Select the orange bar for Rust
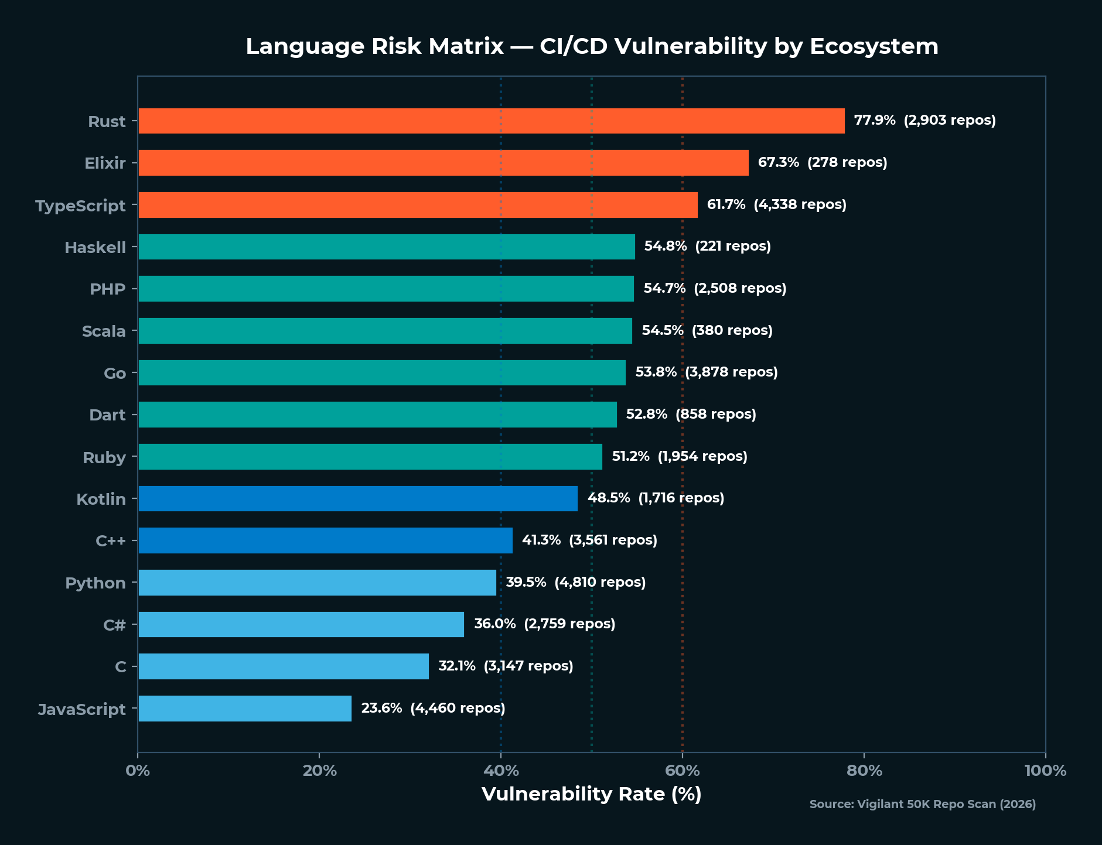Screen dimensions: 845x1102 click(491, 121)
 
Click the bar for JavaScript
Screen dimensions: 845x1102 click(245, 709)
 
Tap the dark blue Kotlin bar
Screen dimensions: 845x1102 click(357, 498)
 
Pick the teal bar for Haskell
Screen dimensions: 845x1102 click(387, 247)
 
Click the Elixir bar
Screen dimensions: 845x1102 click(443, 163)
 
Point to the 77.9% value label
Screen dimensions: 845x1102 click(874, 121)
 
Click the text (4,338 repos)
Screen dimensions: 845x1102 click(800, 204)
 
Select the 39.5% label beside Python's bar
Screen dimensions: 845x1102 click(526, 582)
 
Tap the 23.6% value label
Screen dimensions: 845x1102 click(381, 708)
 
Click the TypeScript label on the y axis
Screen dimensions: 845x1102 click(80, 206)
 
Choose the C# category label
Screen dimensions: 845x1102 click(114, 625)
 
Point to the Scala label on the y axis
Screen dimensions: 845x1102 click(104, 331)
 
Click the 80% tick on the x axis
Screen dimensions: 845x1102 click(864, 771)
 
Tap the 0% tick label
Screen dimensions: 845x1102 click(138, 771)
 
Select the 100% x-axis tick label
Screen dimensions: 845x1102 click(1045, 771)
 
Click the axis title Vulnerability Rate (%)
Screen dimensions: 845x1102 click(591, 794)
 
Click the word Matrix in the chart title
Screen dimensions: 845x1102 click(466, 46)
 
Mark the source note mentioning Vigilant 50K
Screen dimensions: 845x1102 click(922, 804)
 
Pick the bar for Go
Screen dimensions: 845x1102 click(381, 372)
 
